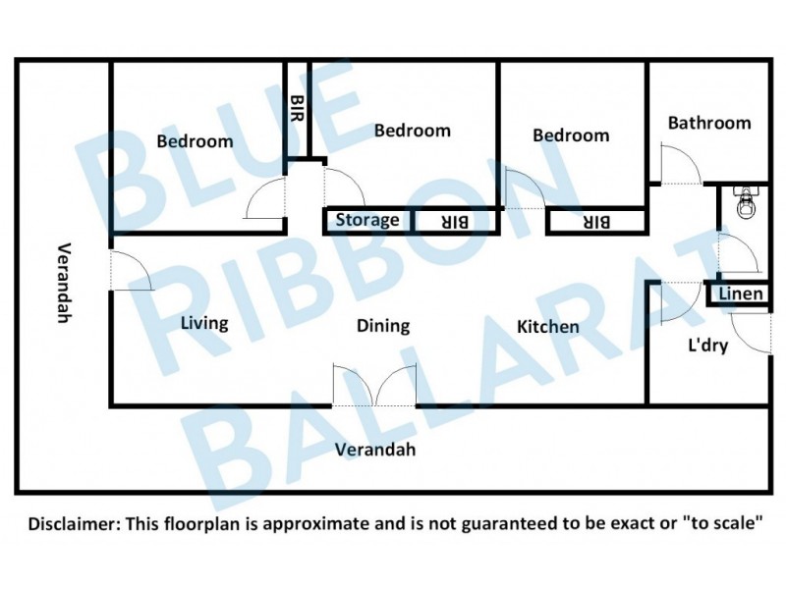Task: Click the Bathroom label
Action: pos(708,124)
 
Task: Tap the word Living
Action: pos(204,322)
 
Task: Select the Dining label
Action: pos(382,326)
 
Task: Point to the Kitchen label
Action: pos(547,326)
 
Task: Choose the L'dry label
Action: pos(706,346)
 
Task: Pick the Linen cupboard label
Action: pos(740,294)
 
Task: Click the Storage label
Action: pos(367,220)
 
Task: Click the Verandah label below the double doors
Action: pos(375,451)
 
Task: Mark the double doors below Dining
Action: pos(374,384)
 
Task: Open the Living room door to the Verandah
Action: pos(129,270)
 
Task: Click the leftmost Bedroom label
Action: pos(195,141)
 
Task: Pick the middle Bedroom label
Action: pos(412,131)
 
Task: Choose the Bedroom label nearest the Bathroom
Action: pos(570,135)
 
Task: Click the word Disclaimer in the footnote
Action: pos(71,524)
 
